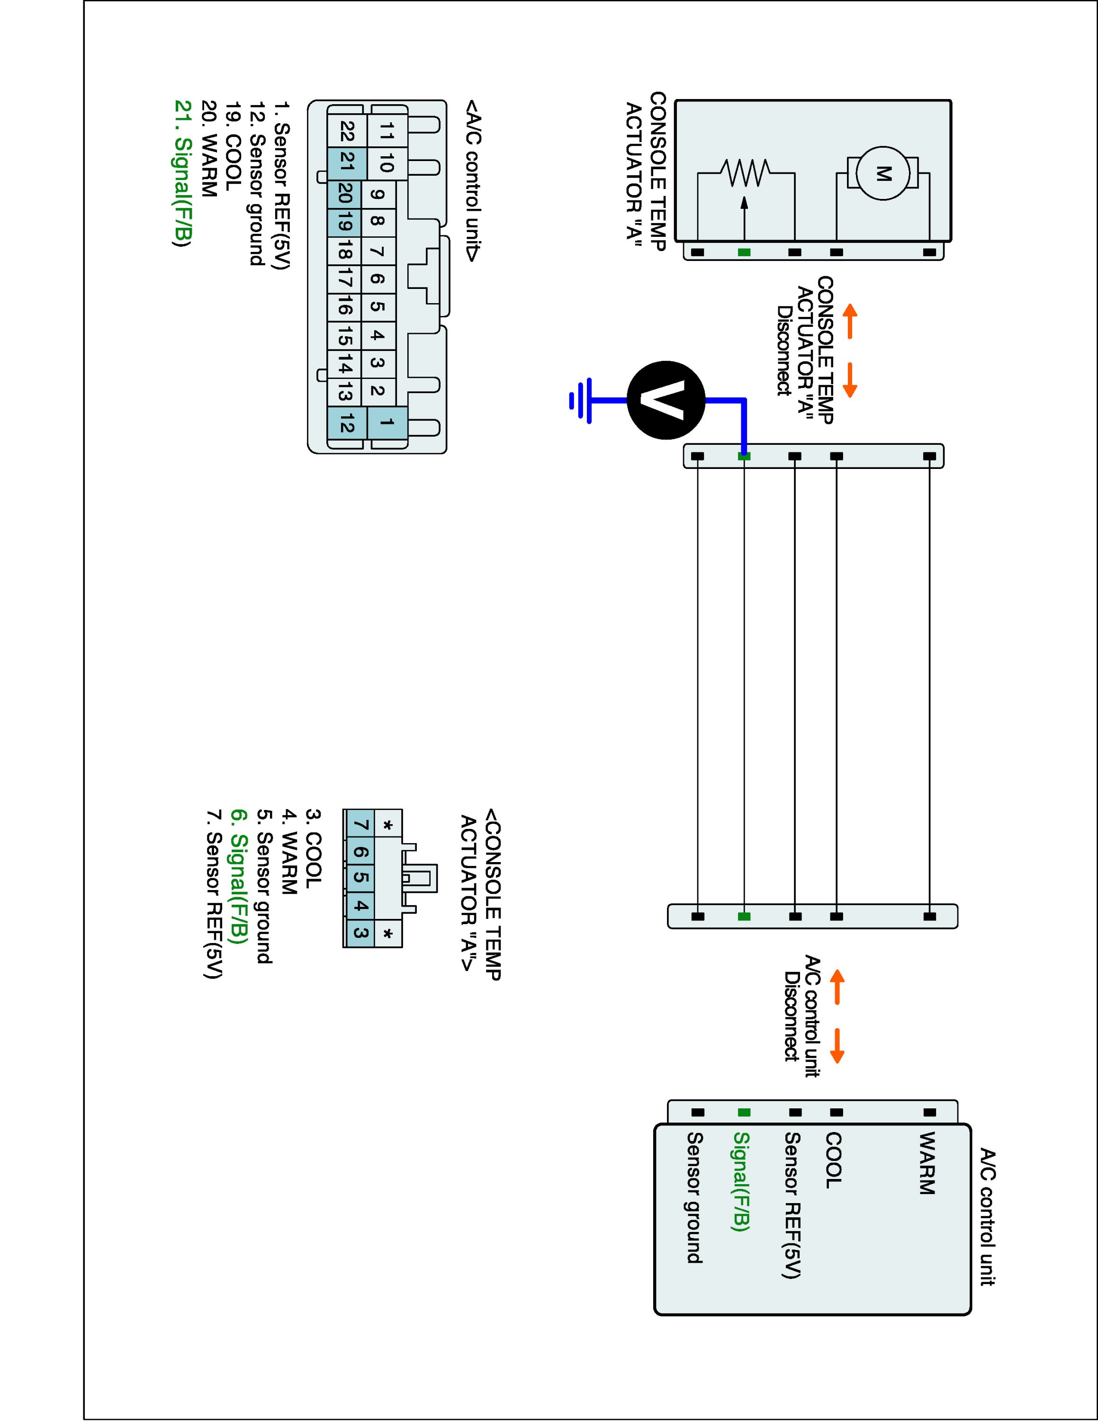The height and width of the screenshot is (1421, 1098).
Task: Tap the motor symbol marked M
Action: point(882,173)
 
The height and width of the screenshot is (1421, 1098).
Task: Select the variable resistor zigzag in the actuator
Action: point(746,172)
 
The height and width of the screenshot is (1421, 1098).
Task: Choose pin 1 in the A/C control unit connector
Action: point(387,423)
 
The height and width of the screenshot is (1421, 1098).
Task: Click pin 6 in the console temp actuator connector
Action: point(362,852)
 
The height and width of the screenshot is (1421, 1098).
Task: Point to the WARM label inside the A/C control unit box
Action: point(926,1163)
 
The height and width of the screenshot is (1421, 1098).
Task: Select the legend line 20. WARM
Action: point(209,148)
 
